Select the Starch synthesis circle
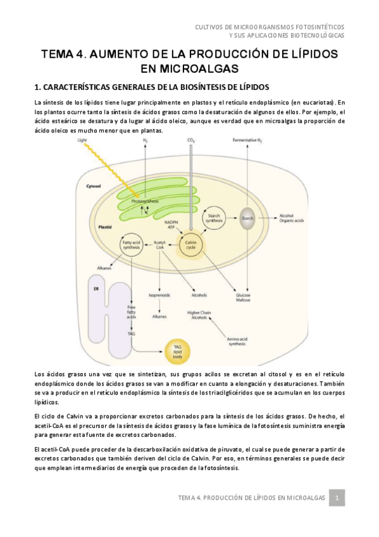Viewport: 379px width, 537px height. tap(214, 218)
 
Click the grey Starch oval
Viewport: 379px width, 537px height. tap(248, 218)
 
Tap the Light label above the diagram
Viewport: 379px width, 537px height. tap(82, 139)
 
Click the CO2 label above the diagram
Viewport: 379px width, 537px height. tap(190, 139)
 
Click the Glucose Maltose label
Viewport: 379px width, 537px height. tap(243, 298)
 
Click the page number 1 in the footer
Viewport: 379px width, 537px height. tap(338, 498)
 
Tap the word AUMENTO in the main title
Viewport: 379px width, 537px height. tap(119, 54)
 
